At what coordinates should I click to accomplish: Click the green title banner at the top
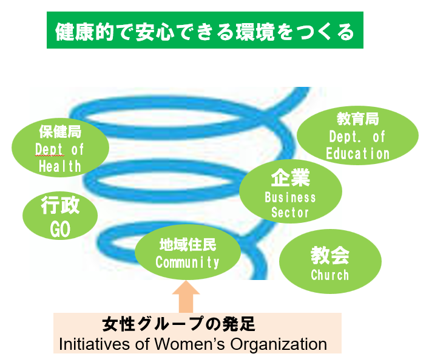click(x=204, y=30)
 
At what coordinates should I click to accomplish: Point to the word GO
click(x=59, y=229)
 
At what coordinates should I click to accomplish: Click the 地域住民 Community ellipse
click(x=187, y=253)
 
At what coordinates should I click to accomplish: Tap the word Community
click(x=187, y=262)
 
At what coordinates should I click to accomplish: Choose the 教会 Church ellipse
click(x=330, y=262)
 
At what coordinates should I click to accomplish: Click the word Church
click(x=330, y=275)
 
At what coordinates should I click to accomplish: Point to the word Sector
click(x=291, y=213)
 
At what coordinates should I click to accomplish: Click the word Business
click(x=291, y=197)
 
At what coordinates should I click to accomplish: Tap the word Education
click(x=357, y=154)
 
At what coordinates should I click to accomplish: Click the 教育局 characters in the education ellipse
click(x=357, y=120)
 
